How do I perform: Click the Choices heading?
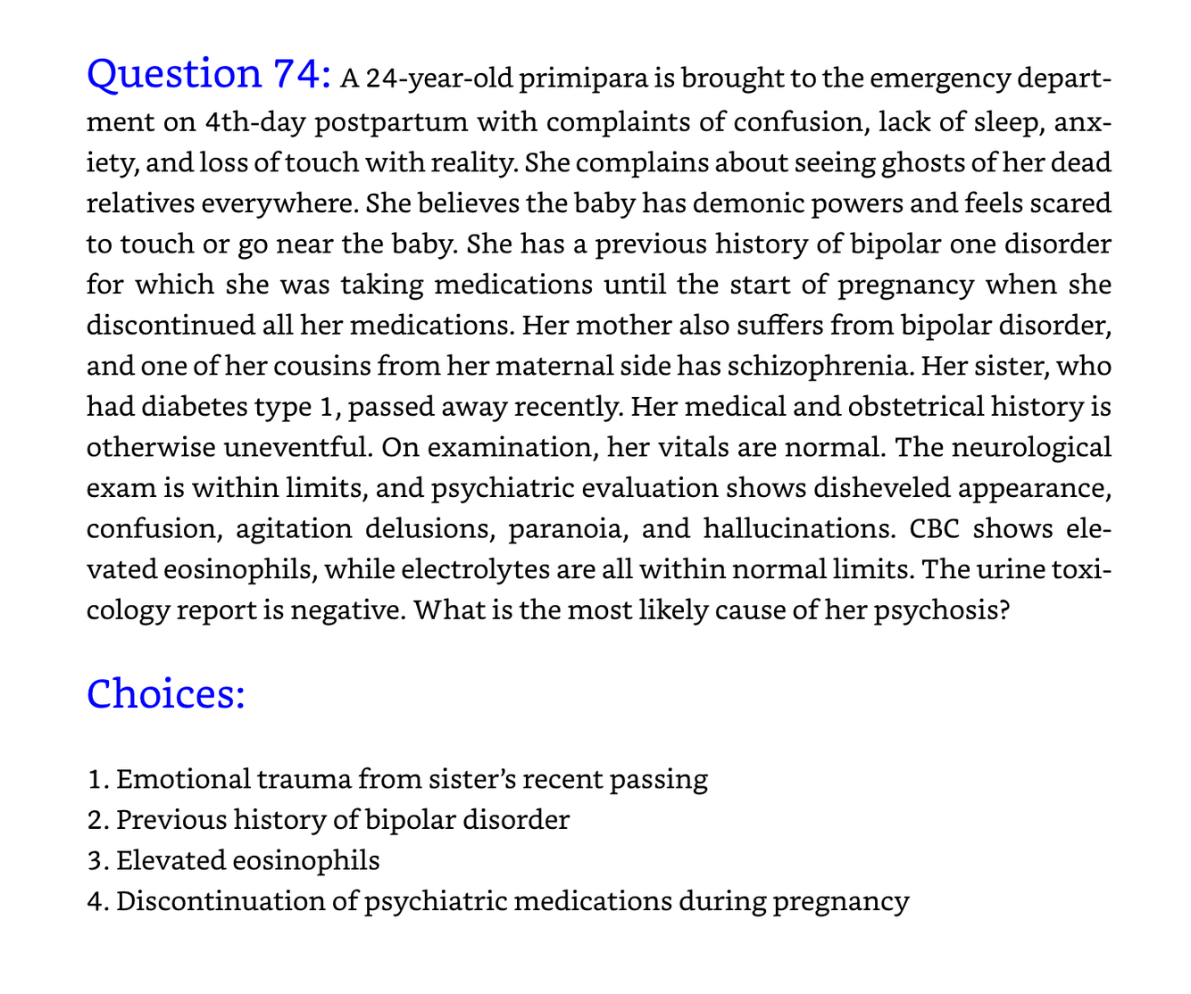click(166, 693)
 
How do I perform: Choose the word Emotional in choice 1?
click(184, 779)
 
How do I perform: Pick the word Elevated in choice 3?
click(170, 860)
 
